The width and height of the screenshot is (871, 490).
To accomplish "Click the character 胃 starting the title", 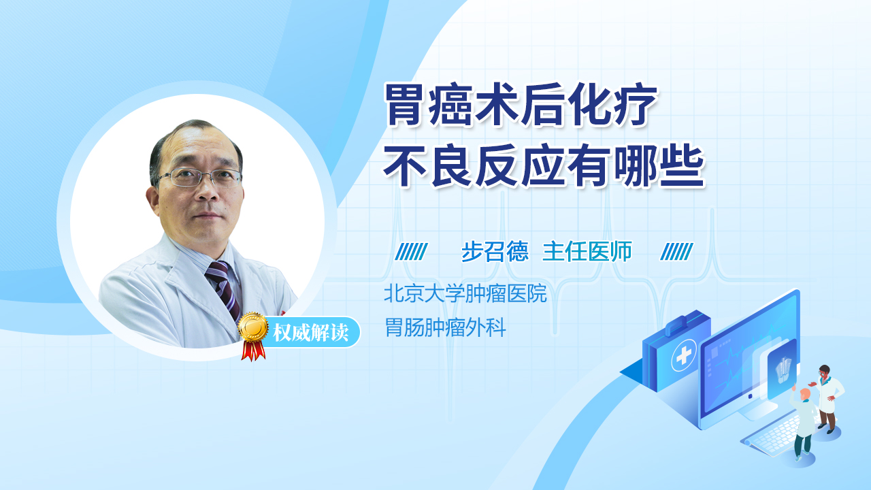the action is pos(404,105).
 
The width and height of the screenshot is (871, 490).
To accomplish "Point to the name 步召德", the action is pos(495,252).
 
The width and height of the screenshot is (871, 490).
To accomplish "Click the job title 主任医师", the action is pos(587,252).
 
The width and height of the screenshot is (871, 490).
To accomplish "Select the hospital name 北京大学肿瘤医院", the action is pos(465,293).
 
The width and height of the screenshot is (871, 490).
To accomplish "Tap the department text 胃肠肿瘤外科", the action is pos(445,327).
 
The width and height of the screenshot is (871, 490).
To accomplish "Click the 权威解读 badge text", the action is pos(311,333).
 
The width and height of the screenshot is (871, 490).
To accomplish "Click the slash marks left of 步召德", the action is pos(412,252).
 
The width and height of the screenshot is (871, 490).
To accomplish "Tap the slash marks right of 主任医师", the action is pos(677,252).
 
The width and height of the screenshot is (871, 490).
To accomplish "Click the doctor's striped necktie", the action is pos(224,289).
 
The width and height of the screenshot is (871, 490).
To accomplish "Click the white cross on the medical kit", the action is pos(684,355).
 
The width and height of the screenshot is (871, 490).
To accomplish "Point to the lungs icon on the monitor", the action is pos(783,370).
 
